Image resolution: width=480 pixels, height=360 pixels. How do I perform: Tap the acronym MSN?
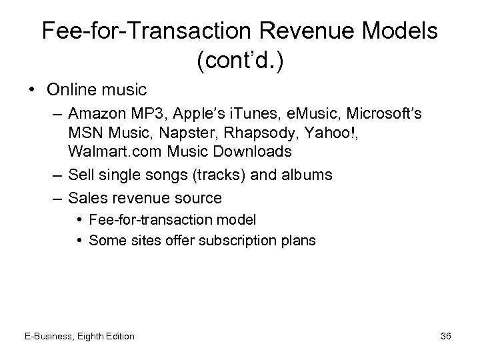click(x=84, y=133)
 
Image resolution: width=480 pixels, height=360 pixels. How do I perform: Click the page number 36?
click(x=446, y=336)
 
